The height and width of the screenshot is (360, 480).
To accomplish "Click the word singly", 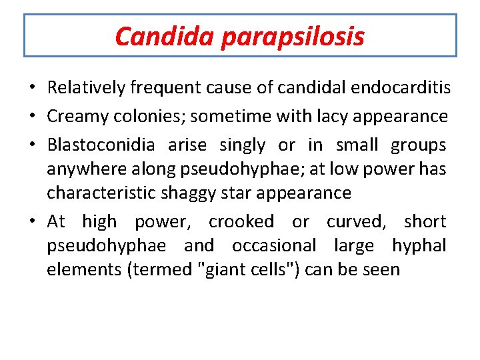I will pos(242,145).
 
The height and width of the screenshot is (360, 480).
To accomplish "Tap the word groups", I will pos(419,145).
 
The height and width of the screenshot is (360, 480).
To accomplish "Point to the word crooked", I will pos(241,221).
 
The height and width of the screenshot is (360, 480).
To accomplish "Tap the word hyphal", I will pos(419,246).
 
